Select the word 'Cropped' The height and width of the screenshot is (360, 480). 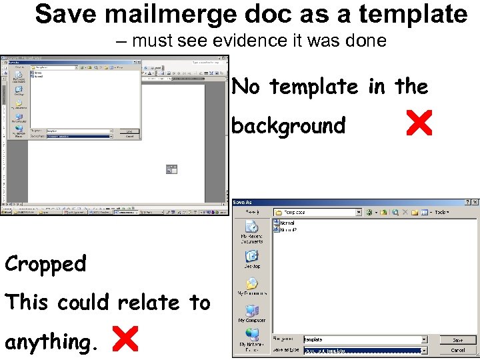pos(46,264)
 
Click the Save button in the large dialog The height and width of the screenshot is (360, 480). pos(457,339)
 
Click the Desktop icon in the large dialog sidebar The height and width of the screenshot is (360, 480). pos(251,257)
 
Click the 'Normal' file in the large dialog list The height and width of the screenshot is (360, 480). pos(287,223)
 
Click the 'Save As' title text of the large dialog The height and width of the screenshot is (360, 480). pos(243,202)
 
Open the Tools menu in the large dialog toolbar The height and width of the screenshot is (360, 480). pos(441,212)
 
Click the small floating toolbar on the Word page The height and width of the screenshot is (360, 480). pos(171,169)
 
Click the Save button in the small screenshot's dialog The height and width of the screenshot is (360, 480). pos(129,131)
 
